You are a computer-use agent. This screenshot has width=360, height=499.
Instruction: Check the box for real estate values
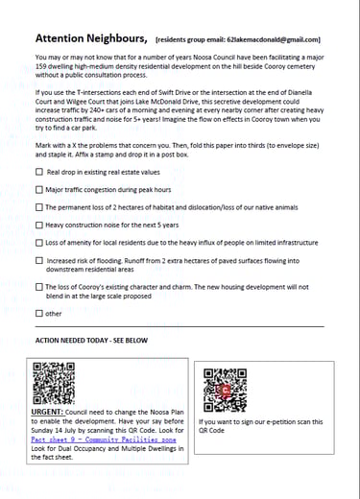[39, 172]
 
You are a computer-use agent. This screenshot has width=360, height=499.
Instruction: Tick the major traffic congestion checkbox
[39, 189]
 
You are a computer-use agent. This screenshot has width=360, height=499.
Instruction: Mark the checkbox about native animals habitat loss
[39, 206]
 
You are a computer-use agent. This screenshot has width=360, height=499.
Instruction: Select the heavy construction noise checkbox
[39, 224]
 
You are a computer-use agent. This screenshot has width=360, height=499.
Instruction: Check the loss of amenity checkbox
[39, 241]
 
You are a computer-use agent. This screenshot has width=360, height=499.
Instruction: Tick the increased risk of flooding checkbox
[39, 259]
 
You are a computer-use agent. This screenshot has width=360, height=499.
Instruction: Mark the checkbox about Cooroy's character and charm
[39, 286]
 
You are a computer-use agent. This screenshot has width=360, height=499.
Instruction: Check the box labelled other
[39, 313]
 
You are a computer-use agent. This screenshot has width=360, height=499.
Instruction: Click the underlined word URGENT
[48, 410]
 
